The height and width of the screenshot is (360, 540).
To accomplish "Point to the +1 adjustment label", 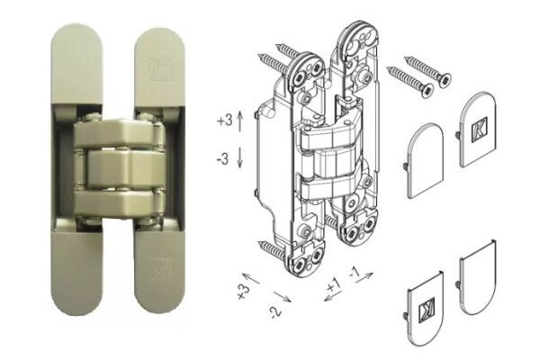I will point(335,286).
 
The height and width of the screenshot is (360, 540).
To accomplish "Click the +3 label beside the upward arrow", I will point(224,119).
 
